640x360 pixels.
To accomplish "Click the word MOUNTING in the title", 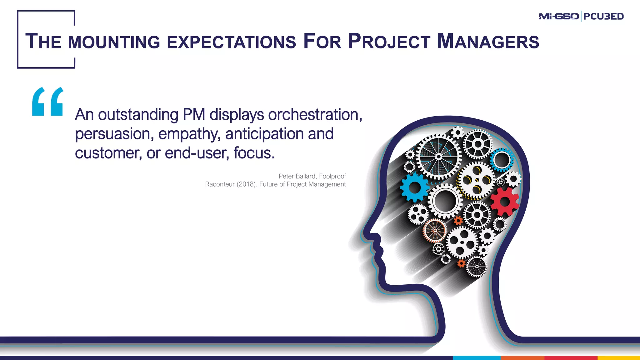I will (x=114, y=42).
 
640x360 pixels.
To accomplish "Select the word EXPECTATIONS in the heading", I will (x=231, y=42).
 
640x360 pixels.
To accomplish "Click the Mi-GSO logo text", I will (x=558, y=16).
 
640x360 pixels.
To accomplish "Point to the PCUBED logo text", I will (x=603, y=16).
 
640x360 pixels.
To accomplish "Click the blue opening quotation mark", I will (x=47, y=102).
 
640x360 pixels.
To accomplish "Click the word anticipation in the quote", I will (x=264, y=134).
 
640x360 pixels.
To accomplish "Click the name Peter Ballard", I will (x=297, y=176).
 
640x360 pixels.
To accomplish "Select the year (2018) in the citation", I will (x=247, y=184).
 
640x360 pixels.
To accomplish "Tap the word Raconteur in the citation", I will (x=220, y=184).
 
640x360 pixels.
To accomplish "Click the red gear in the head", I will (x=504, y=202).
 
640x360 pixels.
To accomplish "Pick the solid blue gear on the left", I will (x=415, y=187).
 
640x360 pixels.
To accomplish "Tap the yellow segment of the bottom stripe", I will (x=619, y=358).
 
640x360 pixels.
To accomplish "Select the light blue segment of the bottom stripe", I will (x=477, y=358).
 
